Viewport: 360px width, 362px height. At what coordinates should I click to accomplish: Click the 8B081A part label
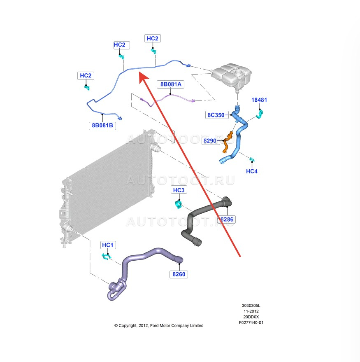click(x=171, y=84)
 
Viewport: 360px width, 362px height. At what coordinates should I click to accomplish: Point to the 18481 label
click(x=259, y=100)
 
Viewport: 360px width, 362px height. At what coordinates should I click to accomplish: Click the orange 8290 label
click(x=210, y=141)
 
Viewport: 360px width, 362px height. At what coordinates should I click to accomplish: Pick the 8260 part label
click(x=179, y=274)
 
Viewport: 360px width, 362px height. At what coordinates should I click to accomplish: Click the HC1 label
click(x=107, y=245)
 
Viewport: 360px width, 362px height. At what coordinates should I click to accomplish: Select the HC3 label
click(x=179, y=190)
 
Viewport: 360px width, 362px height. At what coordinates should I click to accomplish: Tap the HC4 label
click(x=251, y=171)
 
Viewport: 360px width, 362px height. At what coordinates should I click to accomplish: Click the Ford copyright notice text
click(x=159, y=325)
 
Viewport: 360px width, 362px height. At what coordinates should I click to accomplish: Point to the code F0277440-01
click(x=251, y=322)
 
